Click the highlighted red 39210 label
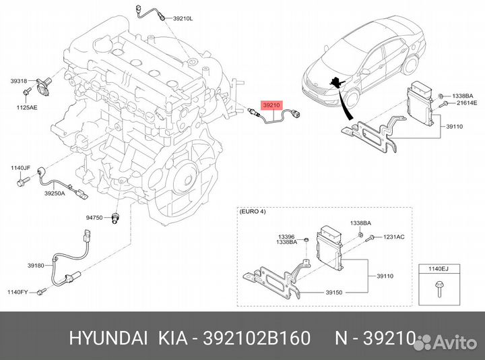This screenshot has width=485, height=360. point(271,105)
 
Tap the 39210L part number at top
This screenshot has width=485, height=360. point(183,18)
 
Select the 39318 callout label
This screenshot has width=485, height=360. point(19,81)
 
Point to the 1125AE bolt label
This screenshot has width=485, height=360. point(27,107)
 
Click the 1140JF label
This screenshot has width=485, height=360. point(20,168)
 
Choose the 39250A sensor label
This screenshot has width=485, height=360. point(55,193)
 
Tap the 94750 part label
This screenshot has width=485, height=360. point(94,218)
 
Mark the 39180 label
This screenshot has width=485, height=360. point(36,265)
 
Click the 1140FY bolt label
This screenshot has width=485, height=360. point(18,292)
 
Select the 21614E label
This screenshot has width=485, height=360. point(467,102)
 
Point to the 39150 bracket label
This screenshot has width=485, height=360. point(333,292)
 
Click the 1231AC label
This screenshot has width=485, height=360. point(394,237)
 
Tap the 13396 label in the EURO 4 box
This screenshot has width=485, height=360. point(286,237)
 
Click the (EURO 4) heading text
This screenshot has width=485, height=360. point(253,212)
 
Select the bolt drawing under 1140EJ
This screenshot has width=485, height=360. point(439,289)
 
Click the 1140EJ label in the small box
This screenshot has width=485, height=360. point(439,269)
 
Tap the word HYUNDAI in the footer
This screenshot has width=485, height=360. point(108,338)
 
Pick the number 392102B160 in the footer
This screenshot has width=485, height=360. point(257,338)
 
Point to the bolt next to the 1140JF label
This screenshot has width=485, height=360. point(23,181)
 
